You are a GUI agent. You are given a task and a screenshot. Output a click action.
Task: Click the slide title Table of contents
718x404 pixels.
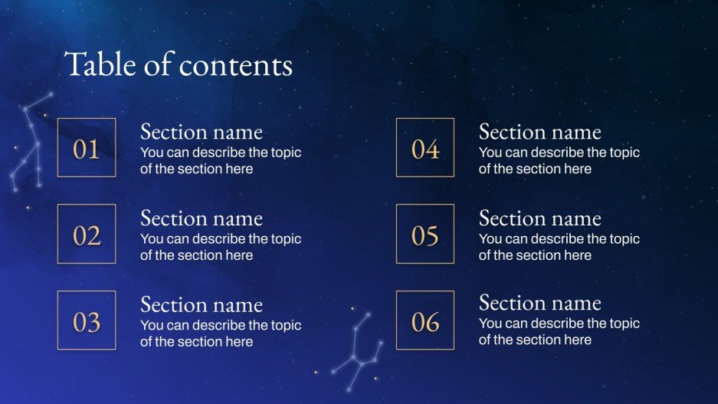(179, 64)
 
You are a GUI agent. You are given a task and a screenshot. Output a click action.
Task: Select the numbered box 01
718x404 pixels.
(87, 148)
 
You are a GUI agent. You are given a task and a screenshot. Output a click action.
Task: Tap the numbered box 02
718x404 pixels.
(87, 235)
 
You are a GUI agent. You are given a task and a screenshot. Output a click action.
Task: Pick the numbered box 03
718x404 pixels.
(87, 321)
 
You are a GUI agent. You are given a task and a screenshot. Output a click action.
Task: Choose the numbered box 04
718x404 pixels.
(425, 148)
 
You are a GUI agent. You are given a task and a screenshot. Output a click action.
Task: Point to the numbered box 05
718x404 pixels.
(425, 235)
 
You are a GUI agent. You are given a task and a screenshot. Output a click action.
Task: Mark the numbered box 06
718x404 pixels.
(425, 321)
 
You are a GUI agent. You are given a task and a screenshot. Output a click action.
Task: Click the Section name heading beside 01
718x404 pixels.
(202, 132)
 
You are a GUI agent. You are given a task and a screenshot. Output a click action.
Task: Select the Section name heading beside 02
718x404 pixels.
(202, 218)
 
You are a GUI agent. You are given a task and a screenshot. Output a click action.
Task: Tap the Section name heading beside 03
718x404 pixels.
(202, 305)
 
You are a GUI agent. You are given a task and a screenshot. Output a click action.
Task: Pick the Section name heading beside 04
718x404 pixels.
(540, 132)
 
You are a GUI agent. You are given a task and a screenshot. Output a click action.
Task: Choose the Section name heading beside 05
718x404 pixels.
(540, 218)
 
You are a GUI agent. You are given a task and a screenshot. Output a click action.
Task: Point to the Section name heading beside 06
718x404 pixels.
(540, 304)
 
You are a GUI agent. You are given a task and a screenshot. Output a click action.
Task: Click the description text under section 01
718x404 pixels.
(221, 161)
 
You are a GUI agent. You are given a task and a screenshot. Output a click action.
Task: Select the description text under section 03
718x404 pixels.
(221, 333)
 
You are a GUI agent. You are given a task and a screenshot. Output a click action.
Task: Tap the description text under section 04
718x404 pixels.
(559, 161)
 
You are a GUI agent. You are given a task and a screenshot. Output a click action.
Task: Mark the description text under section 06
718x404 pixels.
(559, 332)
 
